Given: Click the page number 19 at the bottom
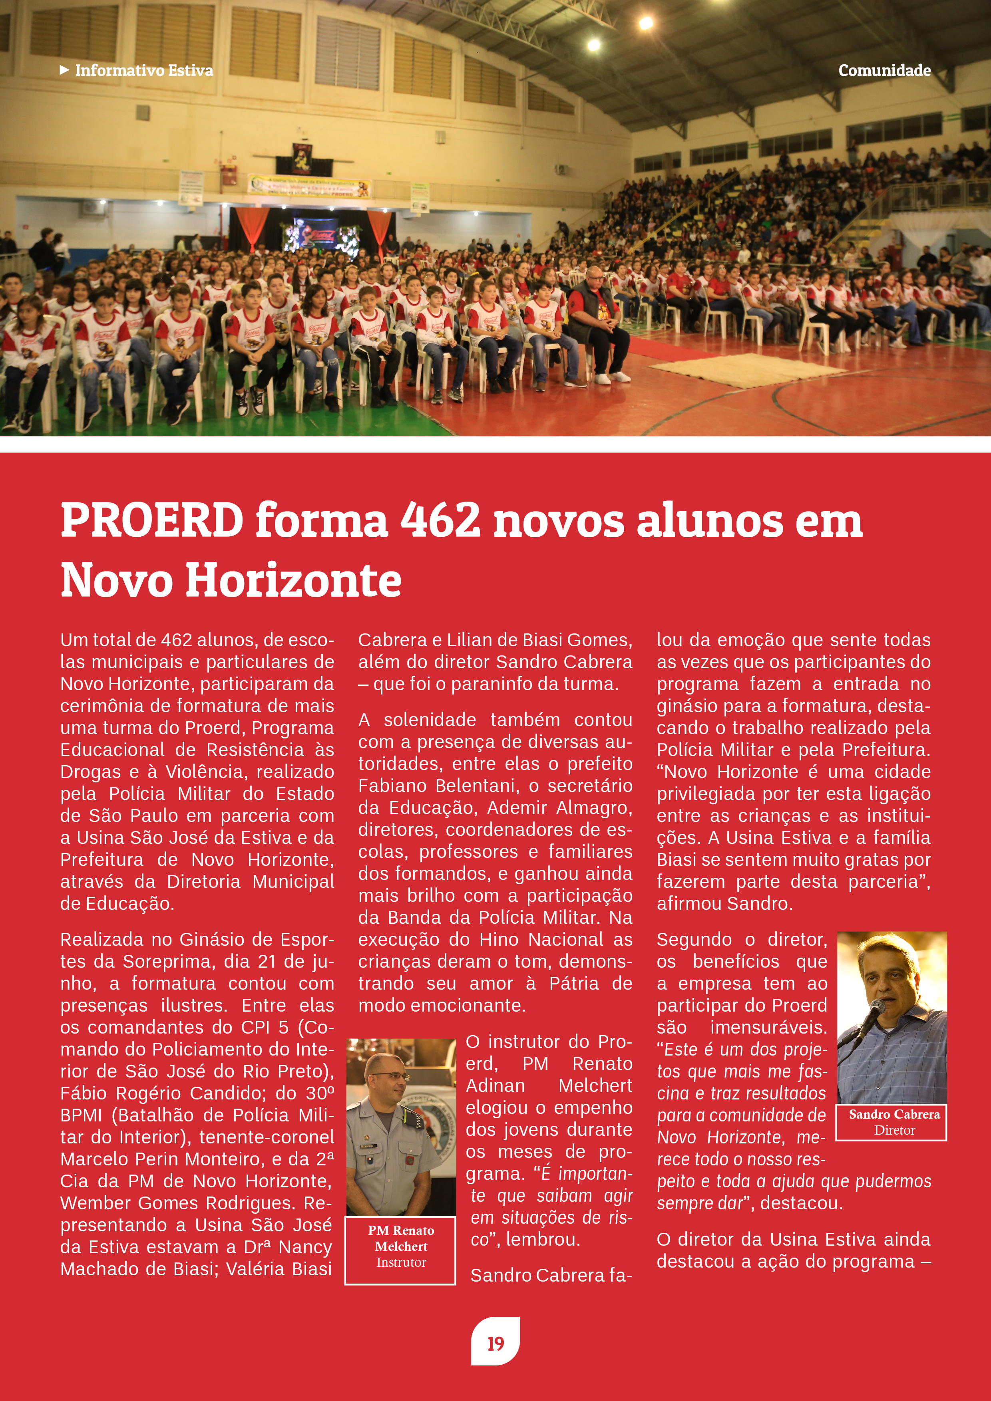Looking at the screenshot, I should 495,1343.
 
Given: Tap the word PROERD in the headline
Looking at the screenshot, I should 152,520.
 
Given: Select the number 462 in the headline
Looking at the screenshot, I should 440,520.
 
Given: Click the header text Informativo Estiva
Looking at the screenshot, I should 144,71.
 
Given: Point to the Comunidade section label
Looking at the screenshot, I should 884,71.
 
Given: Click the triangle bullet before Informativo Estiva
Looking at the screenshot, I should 64,70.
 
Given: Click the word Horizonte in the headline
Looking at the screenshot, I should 293,580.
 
